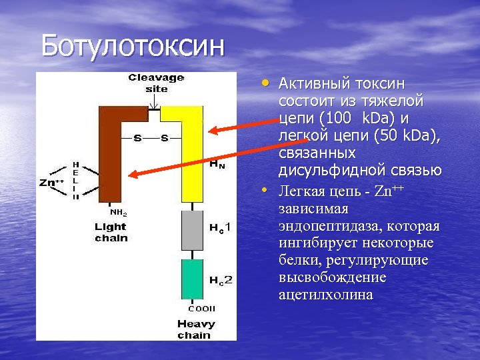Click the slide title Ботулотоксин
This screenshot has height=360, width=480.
pyautogui.click(x=133, y=46)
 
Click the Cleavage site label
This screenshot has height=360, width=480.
pyautogui.click(x=156, y=83)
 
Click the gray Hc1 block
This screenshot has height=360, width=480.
pyautogui.click(x=192, y=230)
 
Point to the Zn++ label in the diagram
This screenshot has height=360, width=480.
pyautogui.click(x=52, y=182)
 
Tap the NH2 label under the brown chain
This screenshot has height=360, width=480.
pyautogui.click(x=118, y=213)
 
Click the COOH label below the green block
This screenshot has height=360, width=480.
pyautogui.click(x=196, y=309)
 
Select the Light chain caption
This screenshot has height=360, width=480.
pyautogui.click(x=110, y=233)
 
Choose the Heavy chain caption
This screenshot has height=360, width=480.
pyautogui.click(x=196, y=329)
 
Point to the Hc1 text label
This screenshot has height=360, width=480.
pyautogui.click(x=221, y=229)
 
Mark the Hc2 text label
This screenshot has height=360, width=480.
pyautogui.click(x=221, y=281)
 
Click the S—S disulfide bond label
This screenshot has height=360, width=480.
pyautogui.click(x=151, y=139)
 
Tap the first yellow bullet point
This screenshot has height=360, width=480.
pyautogui.click(x=266, y=83)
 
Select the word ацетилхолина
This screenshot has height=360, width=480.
pyautogui.click(x=325, y=294)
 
